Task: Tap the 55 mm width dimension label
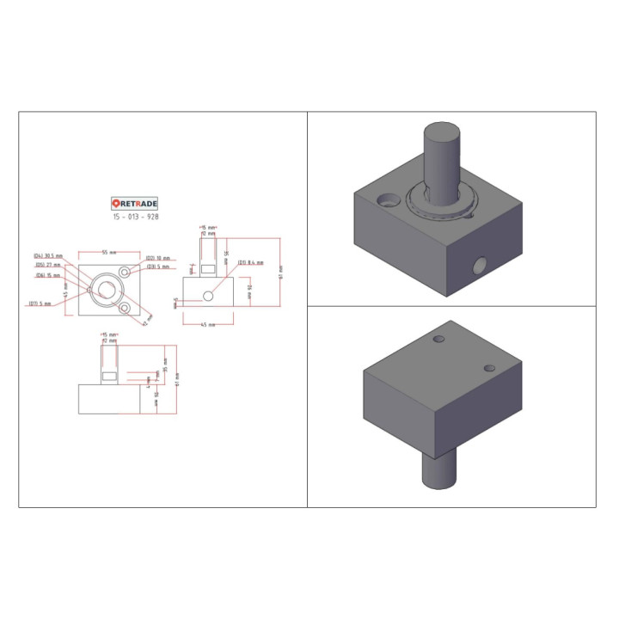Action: click(x=110, y=253)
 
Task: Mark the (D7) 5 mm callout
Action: click(x=40, y=303)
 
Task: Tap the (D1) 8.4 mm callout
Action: click(x=250, y=262)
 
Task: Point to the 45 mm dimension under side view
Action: click(x=207, y=324)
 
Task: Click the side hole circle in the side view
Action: click(x=207, y=296)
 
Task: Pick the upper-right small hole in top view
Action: click(x=126, y=272)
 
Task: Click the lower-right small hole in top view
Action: click(x=126, y=307)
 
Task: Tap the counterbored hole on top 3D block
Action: click(x=389, y=200)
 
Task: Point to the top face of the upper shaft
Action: click(x=442, y=133)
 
